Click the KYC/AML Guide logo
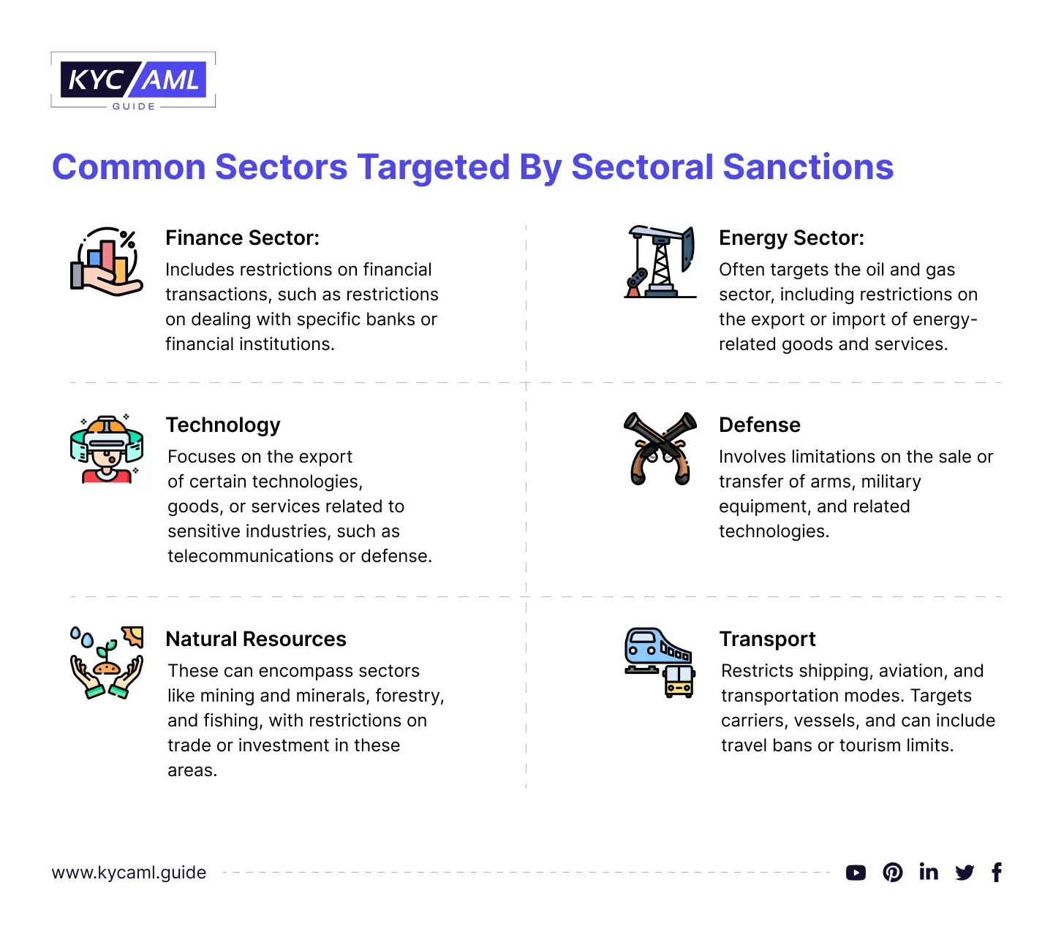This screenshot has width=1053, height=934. (x=132, y=80)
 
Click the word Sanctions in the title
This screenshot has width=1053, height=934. (x=808, y=167)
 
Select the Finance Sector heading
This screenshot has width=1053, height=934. (x=242, y=238)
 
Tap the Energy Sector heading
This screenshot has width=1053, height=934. (x=791, y=238)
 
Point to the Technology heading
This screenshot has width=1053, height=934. (x=223, y=425)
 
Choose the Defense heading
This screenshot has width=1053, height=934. (x=759, y=425)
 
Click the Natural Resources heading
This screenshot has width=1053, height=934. (x=256, y=639)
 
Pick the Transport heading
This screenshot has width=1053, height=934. (x=767, y=639)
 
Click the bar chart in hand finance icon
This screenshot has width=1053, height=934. (x=106, y=262)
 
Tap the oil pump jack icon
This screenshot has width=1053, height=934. (x=660, y=262)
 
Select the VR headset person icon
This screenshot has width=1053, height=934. (x=107, y=449)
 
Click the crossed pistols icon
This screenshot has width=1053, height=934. (x=660, y=448)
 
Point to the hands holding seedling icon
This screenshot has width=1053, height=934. (x=107, y=662)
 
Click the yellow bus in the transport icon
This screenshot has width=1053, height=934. (x=679, y=681)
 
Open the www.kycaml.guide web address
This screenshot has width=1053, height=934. (x=129, y=872)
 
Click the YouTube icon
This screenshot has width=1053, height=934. (x=856, y=873)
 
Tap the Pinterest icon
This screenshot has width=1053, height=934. (x=892, y=872)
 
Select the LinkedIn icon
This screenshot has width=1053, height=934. (x=928, y=872)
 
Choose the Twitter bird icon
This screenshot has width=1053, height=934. (x=964, y=873)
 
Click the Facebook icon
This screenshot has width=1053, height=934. (x=997, y=872)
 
